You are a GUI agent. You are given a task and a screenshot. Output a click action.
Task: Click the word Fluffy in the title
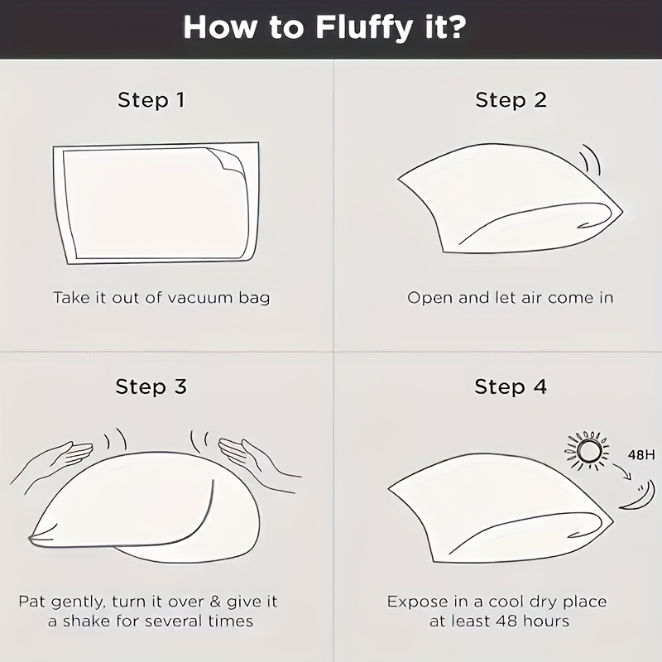point(363,29)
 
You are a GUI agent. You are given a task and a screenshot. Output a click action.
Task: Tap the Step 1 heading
point(151,100)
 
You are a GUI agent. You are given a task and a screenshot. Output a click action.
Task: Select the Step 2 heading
point(511,100)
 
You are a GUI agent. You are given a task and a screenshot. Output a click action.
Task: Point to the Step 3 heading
point(151,386)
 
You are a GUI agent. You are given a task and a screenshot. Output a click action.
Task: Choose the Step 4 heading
point(511,386)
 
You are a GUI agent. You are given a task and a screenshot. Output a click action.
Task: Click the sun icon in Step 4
point(588,450)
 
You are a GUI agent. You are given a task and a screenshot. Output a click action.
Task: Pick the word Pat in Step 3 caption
point(32,602)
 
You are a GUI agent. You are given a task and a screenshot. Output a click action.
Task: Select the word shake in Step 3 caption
point(88,621)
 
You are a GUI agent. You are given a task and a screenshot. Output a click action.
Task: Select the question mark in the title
point(454,26)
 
